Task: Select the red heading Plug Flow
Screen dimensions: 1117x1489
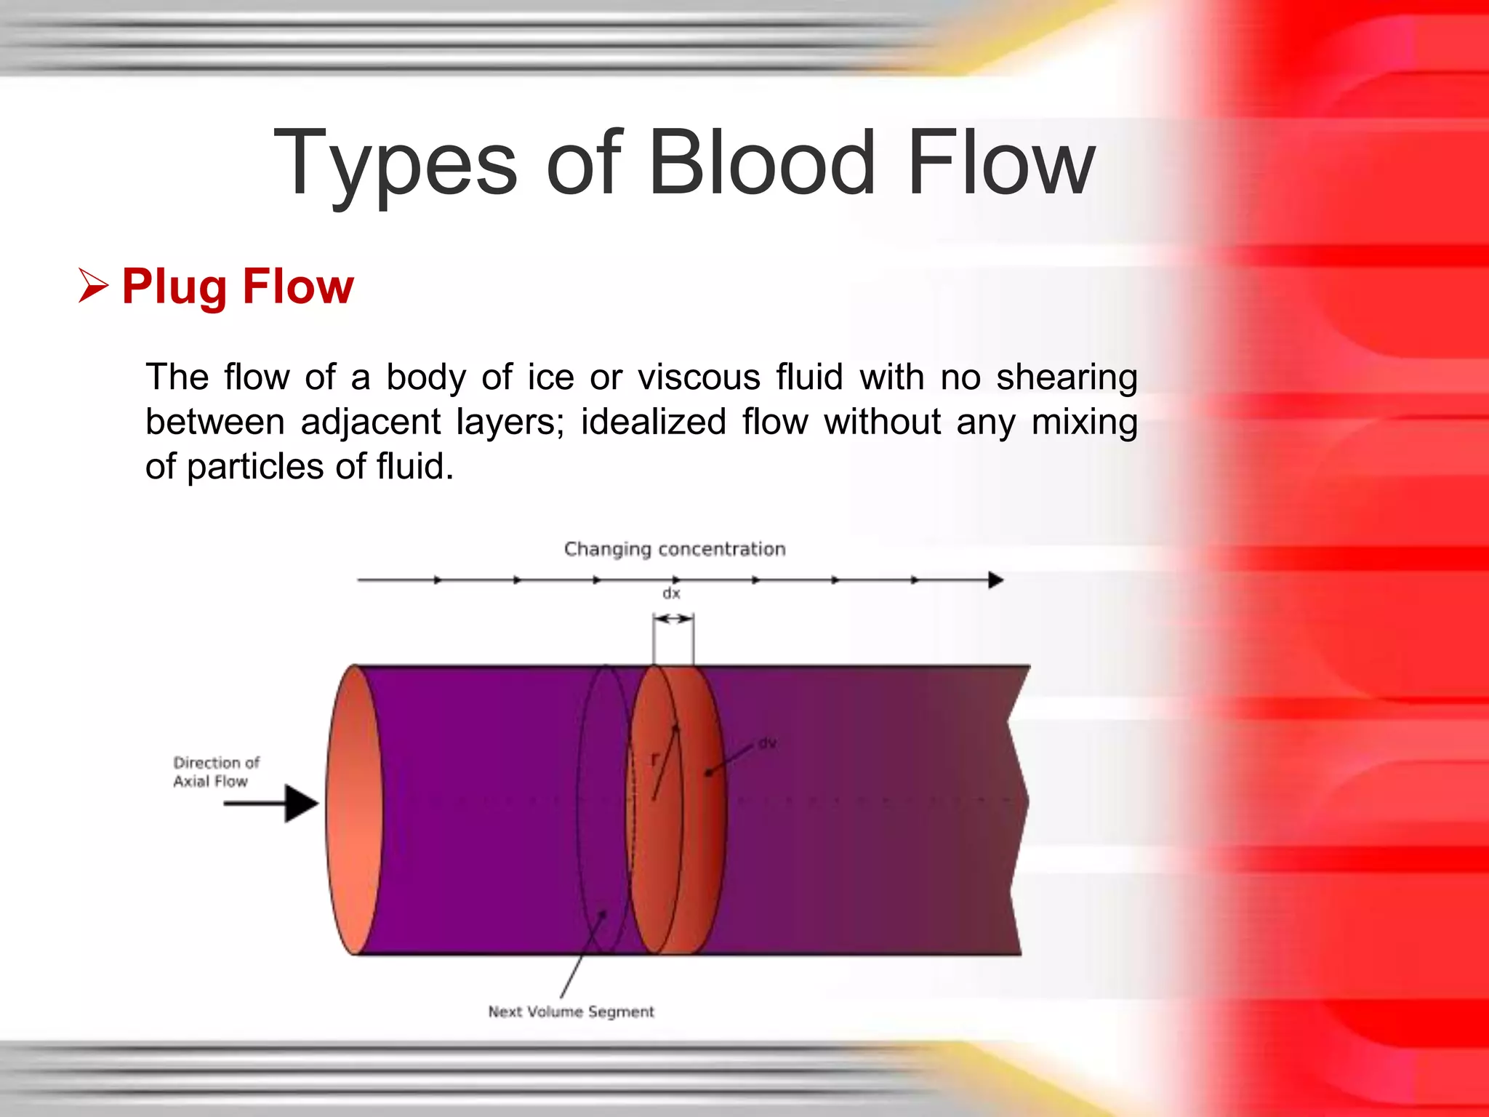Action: [238, 286]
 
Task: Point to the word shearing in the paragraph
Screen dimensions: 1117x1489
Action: [1067, 378]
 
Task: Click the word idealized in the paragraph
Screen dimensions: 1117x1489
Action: [653, 422]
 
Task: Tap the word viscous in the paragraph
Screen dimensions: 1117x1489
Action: [699, 377]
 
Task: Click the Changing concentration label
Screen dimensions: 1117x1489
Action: [675, 549]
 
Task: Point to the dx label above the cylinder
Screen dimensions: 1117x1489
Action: [671, 593]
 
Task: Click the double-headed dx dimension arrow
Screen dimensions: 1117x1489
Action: [673, 619]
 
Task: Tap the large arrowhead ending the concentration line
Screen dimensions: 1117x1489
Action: [995, 580]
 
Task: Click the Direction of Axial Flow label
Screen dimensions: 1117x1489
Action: [215, 772]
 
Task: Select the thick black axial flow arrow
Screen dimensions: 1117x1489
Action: [273, 804]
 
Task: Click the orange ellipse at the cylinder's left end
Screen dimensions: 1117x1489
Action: [354, 809]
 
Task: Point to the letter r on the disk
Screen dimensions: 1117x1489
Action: [654, 759]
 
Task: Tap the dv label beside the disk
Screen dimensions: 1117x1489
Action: [767, 743]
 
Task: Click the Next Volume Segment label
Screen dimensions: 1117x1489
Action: [571, 1012]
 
